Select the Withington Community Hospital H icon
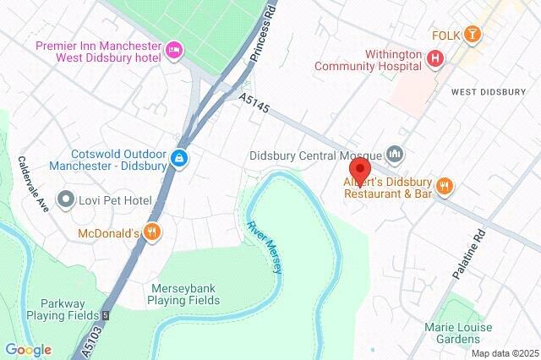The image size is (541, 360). [x=435, y=58]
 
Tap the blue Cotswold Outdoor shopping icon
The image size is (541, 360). [x=179, y=158]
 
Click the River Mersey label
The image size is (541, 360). [x=265, y=247]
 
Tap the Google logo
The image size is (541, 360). [x=28, y=350]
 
